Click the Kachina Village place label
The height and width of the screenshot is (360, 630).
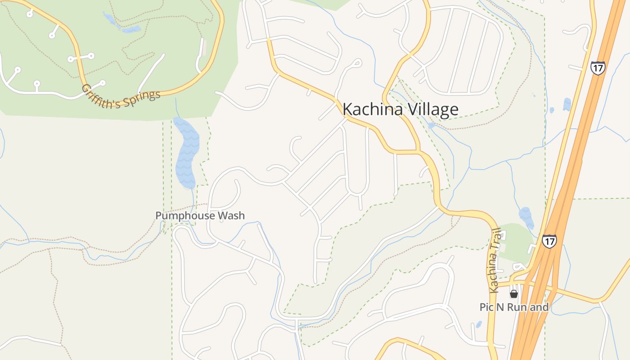[x=400, y=109]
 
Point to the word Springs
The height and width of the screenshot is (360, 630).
[x=141, y=99]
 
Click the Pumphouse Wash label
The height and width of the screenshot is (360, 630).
[x=200, y=216]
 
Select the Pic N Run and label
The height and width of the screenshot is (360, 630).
[x=514, y=307]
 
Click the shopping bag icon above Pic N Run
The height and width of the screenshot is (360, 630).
[x=513, y=294]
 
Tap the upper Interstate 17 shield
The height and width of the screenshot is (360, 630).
[x=598, y=67]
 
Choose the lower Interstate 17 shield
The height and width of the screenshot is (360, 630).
[x=549, y=241]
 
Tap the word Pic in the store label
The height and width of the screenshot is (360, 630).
[x=486, y=307]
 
